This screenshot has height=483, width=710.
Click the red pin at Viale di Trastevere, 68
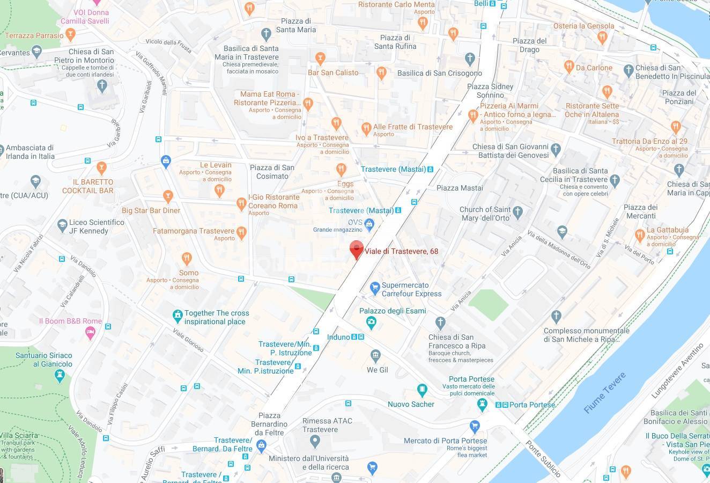356,250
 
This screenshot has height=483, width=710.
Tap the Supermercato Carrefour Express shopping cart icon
375,288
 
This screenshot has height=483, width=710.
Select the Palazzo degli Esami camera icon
371,322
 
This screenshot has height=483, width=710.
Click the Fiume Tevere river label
604,393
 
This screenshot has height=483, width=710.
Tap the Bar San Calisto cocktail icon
320,58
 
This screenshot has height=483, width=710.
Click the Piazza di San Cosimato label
272,172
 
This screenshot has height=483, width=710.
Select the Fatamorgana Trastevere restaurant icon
241,232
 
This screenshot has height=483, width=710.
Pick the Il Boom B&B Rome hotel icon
90,333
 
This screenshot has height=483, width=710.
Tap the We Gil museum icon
375,355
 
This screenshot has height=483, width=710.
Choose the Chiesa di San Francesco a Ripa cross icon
440,323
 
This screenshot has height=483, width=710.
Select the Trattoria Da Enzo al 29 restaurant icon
675,127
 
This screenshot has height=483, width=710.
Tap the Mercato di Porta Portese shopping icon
474,427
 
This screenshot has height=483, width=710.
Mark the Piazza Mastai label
460,188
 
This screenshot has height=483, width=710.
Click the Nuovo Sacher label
411,404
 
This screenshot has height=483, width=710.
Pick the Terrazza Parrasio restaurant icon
71,35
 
